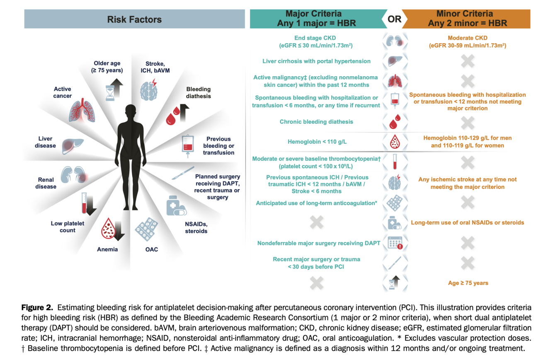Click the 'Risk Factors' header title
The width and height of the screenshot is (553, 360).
tap(134, 19)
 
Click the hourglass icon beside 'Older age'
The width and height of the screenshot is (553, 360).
tap(110, 92)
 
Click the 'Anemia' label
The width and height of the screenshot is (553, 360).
tap(107, 249)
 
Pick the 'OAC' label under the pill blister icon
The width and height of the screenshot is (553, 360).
tap(151, 249)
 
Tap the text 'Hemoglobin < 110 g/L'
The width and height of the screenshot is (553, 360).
tap(317, 142)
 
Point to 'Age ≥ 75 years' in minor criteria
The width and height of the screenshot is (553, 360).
tap(467, 283)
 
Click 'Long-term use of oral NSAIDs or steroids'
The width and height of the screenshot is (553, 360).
tap(467, 222)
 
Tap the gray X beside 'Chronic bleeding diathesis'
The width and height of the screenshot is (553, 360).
tap(467, 122)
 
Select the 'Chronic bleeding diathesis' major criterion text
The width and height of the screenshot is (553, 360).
tap(317, 122)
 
